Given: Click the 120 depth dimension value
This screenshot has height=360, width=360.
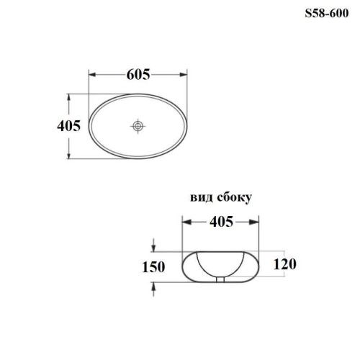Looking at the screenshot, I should coord(287,264).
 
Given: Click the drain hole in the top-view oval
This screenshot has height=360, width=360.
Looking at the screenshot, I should coord(138,126).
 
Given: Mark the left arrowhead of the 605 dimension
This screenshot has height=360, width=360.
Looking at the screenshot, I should coord(91,74).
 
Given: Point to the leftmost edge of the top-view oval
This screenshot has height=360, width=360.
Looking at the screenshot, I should coord(89,126).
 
